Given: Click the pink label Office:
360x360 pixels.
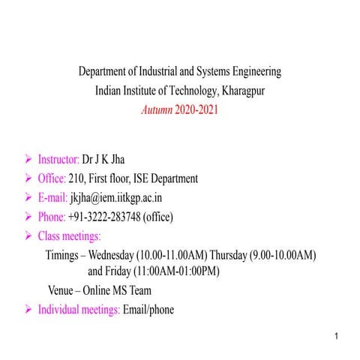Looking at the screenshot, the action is (52, 178).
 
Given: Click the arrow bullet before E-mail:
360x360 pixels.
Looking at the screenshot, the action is (28, 198).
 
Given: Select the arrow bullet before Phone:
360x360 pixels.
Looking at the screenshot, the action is (28, 217).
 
